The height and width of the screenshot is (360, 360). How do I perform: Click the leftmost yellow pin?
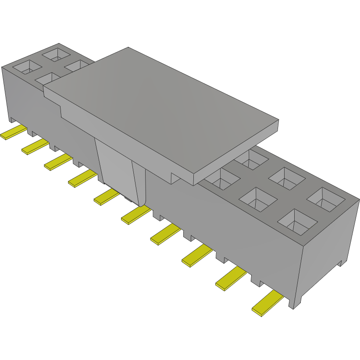pos(13,132)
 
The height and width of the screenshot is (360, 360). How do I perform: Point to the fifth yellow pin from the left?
pos(106,197)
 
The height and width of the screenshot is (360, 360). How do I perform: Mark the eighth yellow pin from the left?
pos(196,256)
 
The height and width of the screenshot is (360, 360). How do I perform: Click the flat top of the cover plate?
pos(162,110)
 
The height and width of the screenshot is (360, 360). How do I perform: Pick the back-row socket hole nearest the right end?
pos(326,198)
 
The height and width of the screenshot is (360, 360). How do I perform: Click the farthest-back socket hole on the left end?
pos(56,54)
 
